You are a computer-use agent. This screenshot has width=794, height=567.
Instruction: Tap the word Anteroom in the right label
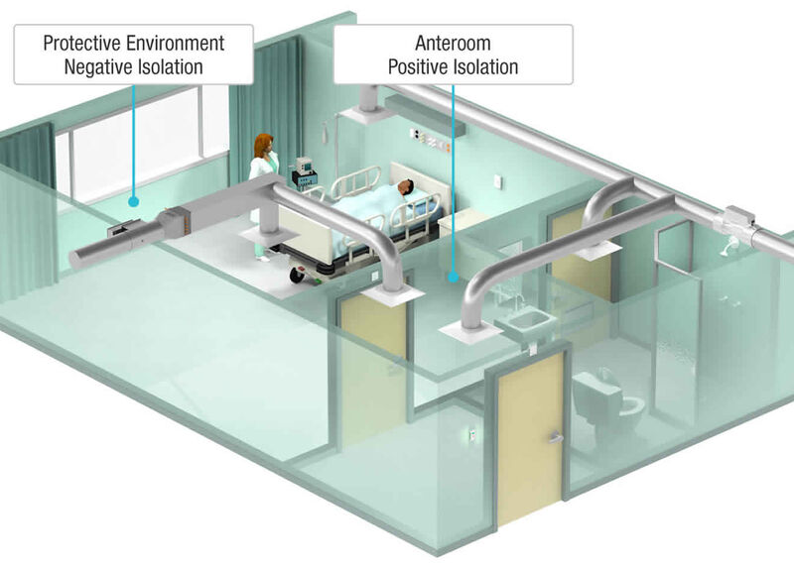click(x=454, y=43)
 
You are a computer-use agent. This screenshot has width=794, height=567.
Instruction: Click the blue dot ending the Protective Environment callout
click(x=133, y=202)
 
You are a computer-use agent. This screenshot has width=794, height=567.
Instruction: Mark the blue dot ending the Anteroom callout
click(x=454, y=277)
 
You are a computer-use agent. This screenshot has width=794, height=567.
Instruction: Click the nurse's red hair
click(x=263, y=145)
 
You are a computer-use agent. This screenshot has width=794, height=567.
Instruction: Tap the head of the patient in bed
click(x=405, y=187)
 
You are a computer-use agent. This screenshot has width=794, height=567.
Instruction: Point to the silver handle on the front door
click(x=556, y=437)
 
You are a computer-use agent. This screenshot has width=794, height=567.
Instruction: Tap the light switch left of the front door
click(x=473, y=435)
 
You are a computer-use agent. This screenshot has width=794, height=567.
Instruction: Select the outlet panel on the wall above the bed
click(x=430, y=140)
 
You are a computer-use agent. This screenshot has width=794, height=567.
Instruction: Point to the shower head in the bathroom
click(x=729, y=246)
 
